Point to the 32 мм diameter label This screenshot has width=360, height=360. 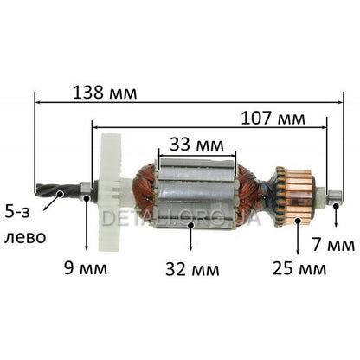point(185,269)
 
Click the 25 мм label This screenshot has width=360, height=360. point(298,269)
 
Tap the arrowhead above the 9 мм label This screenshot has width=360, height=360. point(86,250)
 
